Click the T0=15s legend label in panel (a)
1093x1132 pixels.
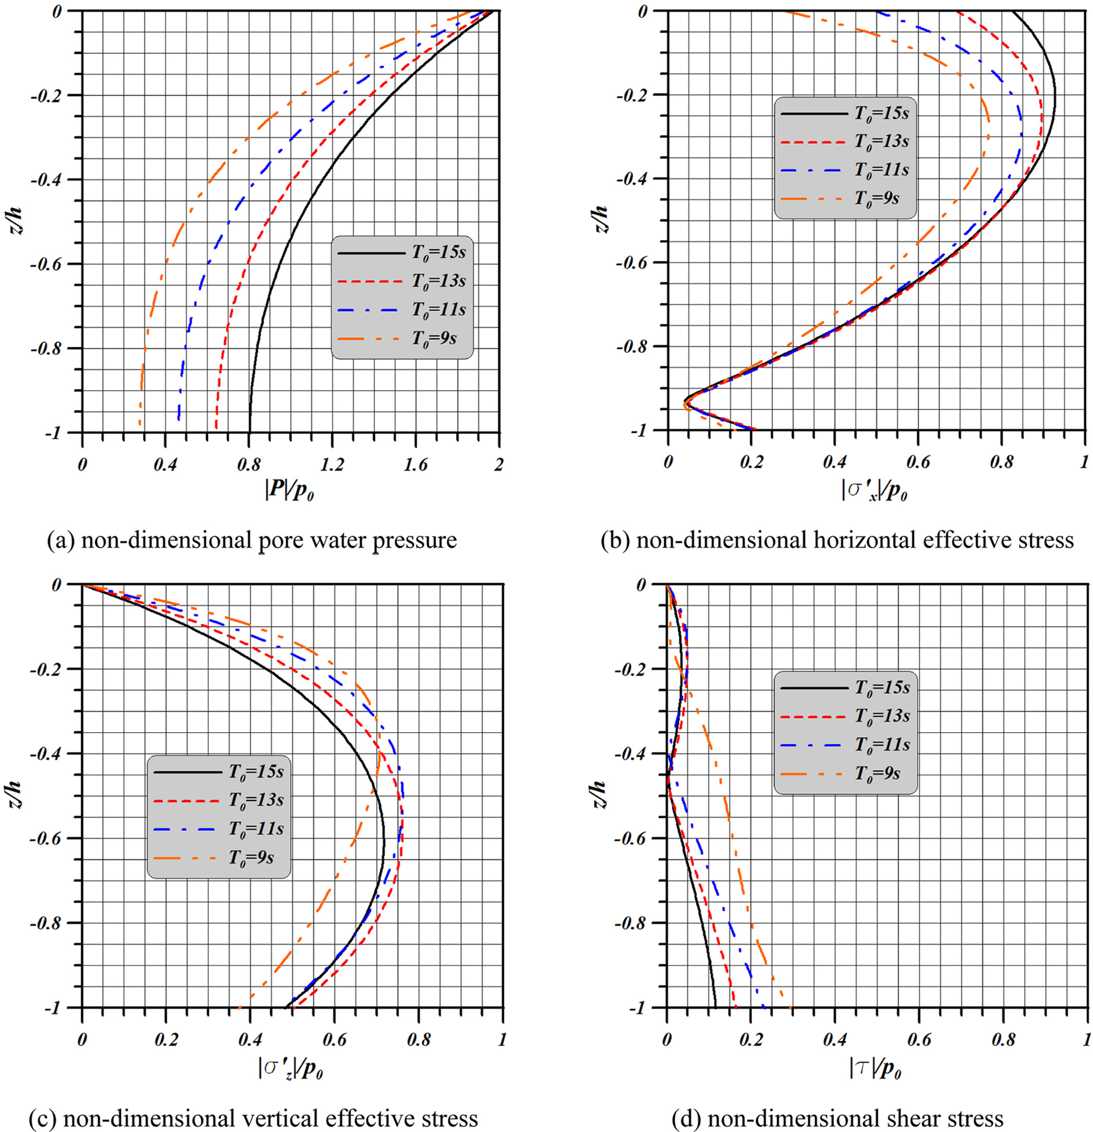tap(438, 253)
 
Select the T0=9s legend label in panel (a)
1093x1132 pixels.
tap(433, 338)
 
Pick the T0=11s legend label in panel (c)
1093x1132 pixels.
tap(256, 829)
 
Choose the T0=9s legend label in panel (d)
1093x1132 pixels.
tap(878, 773)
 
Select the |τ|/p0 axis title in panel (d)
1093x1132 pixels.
tap(875, 1068)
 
